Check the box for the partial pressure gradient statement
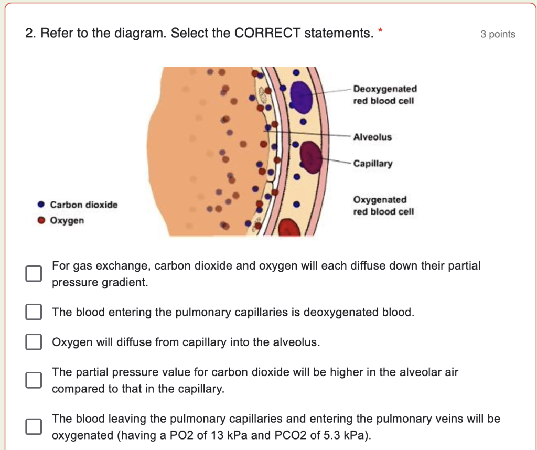pyautogui.click(x=34, y=273)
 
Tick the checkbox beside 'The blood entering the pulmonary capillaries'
pyautogui.click(x=34, y=313)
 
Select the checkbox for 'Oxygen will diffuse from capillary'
pyautogui.click(x=34, y=342)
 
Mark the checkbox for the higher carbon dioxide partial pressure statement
pyautogui.click(x=34, y=380)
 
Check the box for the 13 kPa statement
pyautogui.click(x=34, y=426)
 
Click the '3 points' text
pyautogui.click(x=498, y=35)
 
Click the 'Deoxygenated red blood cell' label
pyautogui.click(x=385, y=95)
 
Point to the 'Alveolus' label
pyautogui.click(x=372, y=137)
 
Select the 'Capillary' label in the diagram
pyautogui.click(x=372, y=164)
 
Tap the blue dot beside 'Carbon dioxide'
pyautogui.click(x=41, y=205)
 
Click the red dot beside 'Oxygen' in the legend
pyautogui.click(x=41, y=221)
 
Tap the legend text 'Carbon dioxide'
pyautogui.click(x=84, y=205)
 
